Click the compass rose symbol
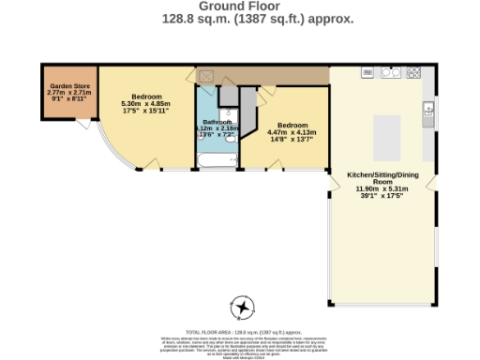(x=243, y=307)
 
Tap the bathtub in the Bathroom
(x=215, y=160)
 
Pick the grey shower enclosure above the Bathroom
(x=228, y=97)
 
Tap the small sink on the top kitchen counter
(x=368, y=72)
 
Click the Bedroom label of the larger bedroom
(x=146, y=97)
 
